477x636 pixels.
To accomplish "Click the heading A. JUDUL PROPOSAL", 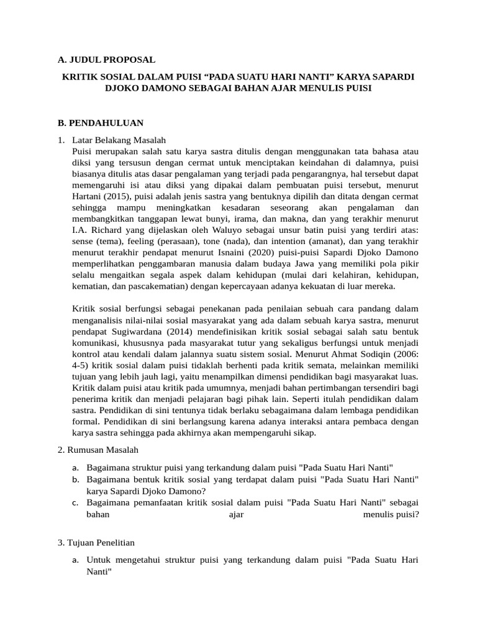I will [x=106, y=60].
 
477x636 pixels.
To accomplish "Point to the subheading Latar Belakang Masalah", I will [x=119, y=140].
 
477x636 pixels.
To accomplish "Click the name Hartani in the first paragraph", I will [x=88, y=196].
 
